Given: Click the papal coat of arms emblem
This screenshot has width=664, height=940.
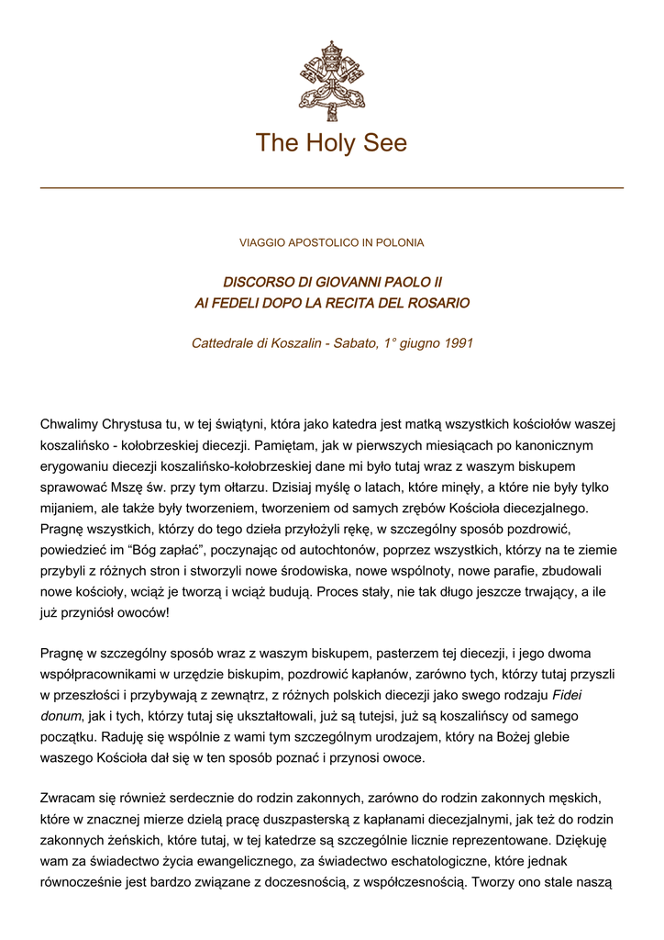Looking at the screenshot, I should [331, 80].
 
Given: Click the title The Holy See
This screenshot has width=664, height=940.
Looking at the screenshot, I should [331, 143].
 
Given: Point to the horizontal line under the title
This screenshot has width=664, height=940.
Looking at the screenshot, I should [331, 188].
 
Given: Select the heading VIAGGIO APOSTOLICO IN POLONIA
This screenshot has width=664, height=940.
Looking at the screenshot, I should [331, 243].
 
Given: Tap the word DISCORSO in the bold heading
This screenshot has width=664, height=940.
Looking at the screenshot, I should [258, 282].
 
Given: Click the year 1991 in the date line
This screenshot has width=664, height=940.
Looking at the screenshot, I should [457, 343].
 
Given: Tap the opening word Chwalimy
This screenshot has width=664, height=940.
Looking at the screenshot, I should [72, 424].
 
